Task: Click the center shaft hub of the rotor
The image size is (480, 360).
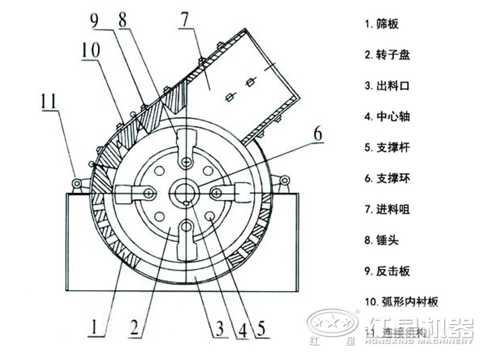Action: [x=187, y=193]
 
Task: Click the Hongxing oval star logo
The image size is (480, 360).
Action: [x=332, y=323]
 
